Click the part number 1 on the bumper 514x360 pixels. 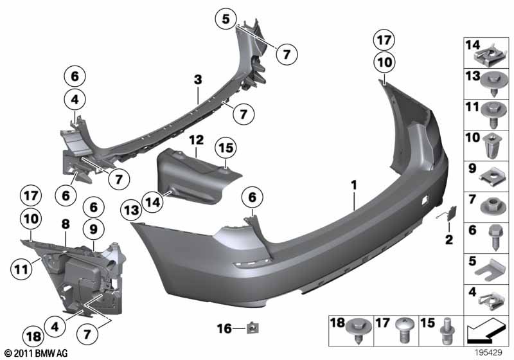coord(353,186)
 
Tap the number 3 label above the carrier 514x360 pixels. coord(199,80)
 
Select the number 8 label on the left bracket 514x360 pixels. coord(65,225)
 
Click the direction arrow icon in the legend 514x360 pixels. coord(486,331)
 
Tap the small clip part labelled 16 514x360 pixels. coord(252,328)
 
